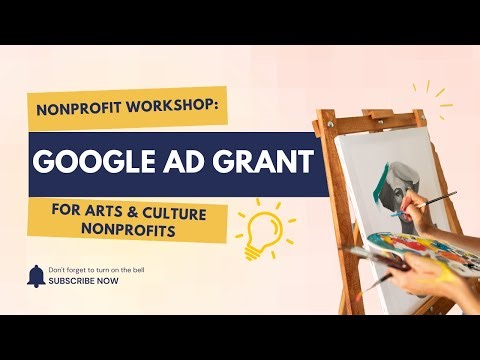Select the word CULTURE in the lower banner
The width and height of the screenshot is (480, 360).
tap(179, 210)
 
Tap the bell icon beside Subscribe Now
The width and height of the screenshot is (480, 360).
tap(35, 275)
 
